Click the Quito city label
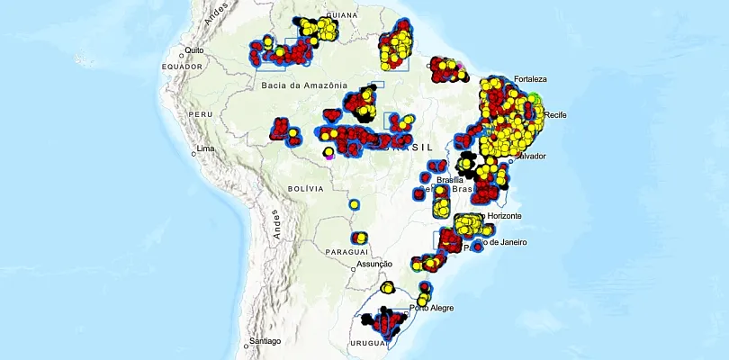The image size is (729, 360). [196, 50]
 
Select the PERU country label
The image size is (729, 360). [201, 115]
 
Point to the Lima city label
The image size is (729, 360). [208, 148]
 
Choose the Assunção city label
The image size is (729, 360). [374, 264]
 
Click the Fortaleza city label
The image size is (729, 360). [531, 77]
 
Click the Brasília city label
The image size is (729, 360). [447, 180]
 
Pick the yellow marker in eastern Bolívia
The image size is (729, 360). [354, 205]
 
